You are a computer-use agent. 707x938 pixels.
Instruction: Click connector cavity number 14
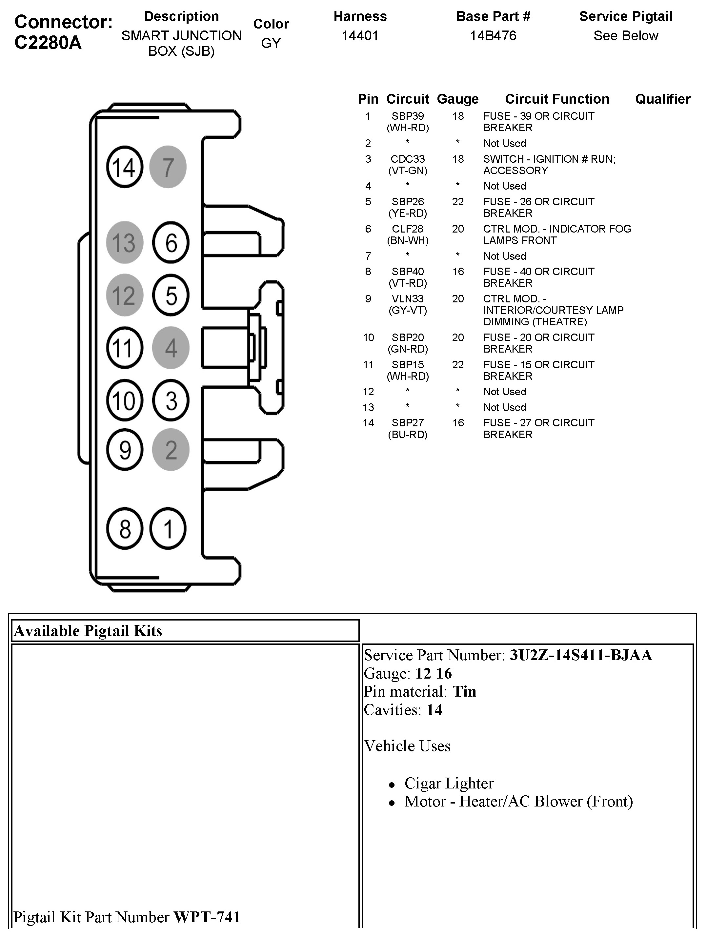click(124, 167)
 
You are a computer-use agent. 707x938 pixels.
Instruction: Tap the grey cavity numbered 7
click(168, 167)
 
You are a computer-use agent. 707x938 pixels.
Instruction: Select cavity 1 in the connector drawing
click(168, 529)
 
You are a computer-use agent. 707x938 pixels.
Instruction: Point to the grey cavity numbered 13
click(124, 243)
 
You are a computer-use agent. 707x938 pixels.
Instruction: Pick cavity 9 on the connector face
click(124, 450)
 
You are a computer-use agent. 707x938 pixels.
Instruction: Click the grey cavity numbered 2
click(171, 450)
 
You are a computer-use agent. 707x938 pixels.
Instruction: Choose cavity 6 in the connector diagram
click(171, 243)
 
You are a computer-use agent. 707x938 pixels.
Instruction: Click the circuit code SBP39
click(407, 116)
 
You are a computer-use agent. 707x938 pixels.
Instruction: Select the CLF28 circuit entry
click(407, 229)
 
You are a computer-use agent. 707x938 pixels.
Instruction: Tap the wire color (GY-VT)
click(407, 310)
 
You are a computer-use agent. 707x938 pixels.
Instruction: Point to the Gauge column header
click(457, 99)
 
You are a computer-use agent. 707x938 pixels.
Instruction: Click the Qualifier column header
click(662, 99)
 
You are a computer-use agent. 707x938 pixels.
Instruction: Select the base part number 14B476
click(493, 36)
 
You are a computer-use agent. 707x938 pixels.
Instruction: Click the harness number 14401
click(360, 36)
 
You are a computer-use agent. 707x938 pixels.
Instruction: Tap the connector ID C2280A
click(48, 42)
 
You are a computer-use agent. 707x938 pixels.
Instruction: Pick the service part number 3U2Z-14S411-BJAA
click(581, 655)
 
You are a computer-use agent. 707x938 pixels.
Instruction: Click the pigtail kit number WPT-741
click(207, 917)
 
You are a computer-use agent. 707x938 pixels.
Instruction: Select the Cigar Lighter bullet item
click(449, 783)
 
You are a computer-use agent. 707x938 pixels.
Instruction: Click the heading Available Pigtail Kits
click(88, 631)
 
